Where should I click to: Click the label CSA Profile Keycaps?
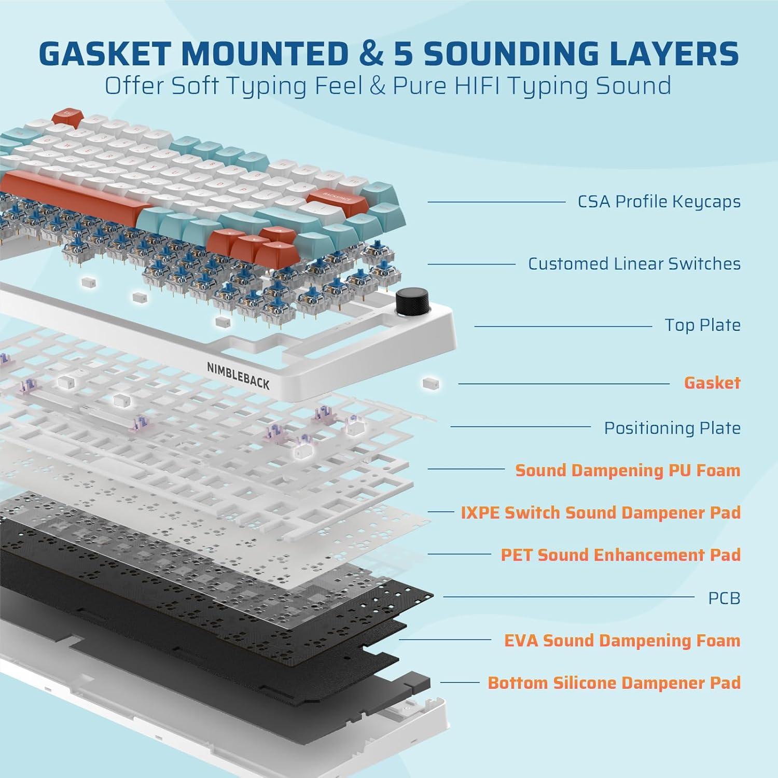point(659,201)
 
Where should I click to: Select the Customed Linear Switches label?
point(634,263)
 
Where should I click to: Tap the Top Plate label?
point(702,325)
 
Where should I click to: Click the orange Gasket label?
point(712,383)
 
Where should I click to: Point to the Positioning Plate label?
point(672,428)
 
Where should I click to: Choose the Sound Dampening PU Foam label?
point(627,470)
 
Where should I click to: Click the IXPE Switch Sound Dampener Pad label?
point(600,512)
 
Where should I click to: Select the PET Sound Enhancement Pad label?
point(620,555)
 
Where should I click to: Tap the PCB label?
point(724,598)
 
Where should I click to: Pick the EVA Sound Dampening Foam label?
point(622,641)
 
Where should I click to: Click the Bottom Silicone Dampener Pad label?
point(614,683)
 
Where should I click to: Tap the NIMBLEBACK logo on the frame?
point(238,376)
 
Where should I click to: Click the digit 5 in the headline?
point(403,53)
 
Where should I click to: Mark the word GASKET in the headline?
point(104,53)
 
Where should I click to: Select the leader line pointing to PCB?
point(568,597)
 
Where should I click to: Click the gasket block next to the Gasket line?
point(431,383)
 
